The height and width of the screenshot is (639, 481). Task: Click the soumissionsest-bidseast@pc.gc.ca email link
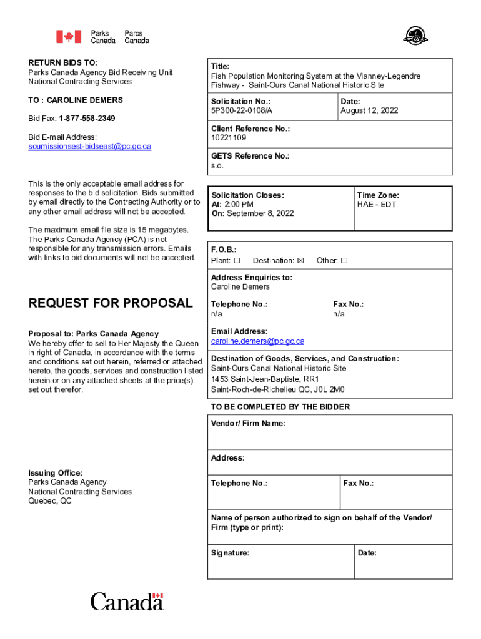(89, 147)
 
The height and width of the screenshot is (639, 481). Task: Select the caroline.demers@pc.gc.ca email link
(257, 341)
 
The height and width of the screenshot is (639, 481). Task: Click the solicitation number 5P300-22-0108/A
(242, 110)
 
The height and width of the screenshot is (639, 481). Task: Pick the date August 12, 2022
(369, 110)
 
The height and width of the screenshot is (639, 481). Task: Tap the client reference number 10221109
(229, 138)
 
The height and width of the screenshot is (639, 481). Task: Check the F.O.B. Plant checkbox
(237, 261)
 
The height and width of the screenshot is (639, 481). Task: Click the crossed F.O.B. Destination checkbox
(300, 261)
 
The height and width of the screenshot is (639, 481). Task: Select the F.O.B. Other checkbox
(344, 261)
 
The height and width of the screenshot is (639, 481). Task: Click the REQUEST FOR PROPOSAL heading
(111, 303)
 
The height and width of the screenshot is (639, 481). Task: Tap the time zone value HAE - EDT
(377, 205)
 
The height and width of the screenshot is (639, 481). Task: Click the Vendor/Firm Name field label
(248, 424)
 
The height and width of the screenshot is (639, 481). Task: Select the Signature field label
(230, 553)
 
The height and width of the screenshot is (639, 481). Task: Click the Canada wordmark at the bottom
(127, 602)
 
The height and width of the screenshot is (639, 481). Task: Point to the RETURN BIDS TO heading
(62, 63)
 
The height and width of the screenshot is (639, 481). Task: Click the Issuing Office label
(55, 473)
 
